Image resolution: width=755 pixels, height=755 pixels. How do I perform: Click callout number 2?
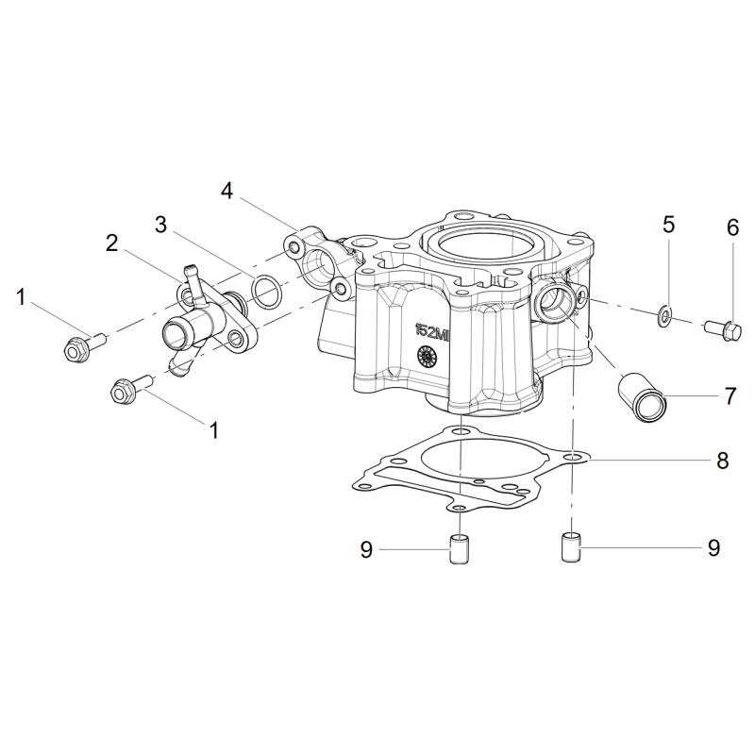[111, 243]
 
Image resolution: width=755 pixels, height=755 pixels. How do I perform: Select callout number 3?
[160, 225]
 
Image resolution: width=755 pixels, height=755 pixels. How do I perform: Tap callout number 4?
[226, 192]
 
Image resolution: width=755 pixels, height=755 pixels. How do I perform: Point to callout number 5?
[669, 225]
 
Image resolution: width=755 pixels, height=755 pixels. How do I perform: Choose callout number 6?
[732, 227]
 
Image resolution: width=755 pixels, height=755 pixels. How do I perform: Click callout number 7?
[730, 395]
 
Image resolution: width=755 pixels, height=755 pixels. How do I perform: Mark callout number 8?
[722, 461]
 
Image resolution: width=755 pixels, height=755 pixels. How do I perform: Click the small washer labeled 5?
[665, 316]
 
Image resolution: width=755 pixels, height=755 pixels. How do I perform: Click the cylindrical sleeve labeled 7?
[641, 396]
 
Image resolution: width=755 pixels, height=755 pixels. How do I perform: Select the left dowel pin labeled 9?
[459, 548]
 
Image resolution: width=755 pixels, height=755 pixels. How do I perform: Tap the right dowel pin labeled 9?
[572, 546]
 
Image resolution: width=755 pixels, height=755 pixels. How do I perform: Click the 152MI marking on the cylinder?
[432, 333]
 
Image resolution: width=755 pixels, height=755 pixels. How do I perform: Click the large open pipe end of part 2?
[176, 336]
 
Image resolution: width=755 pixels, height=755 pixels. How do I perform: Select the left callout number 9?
[366, 549]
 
